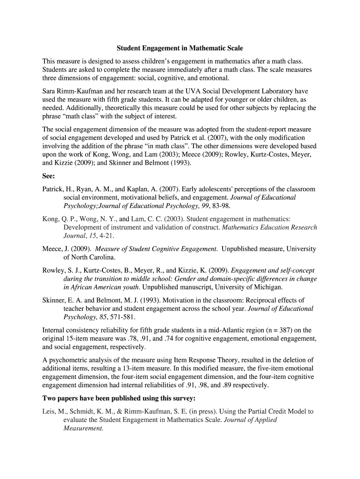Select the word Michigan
pos(266,287)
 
